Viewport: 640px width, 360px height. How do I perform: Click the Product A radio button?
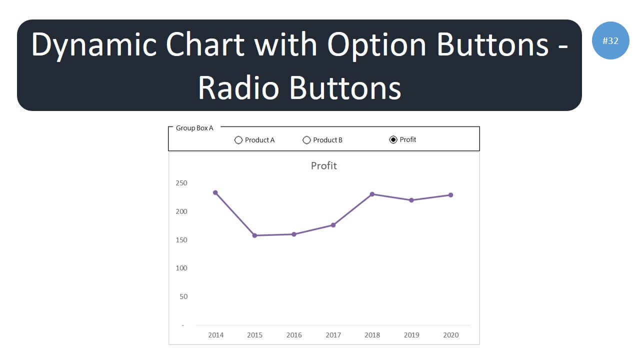coord(238,140)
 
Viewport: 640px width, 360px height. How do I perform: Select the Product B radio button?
coord(306,140)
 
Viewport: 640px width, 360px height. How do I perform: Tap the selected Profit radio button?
coord(393,139)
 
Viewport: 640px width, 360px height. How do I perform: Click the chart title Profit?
coord(323,165)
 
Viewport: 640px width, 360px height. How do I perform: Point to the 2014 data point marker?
coord(215,192)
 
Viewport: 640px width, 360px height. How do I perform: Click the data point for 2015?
coord(254,235)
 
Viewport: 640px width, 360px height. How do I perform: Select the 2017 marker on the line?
coord(333,225)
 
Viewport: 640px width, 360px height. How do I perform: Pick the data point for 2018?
coord(372,194)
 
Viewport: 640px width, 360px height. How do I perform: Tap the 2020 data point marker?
coord(450,195)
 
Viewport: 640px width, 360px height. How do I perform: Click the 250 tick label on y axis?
coord(181,183)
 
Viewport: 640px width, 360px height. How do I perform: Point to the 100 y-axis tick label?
coord(181,268)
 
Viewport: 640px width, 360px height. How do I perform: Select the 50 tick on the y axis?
coord(183,296)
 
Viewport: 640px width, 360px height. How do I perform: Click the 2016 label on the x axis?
coord(294,335)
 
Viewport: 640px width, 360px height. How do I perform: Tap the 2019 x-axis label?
coord(411,335)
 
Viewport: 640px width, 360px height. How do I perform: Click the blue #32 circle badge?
coord(610,40)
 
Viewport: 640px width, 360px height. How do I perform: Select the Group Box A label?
coord(194,128)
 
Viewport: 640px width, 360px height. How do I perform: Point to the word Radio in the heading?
coord(238,88)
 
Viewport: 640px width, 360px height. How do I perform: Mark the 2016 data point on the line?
coord(294,234)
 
